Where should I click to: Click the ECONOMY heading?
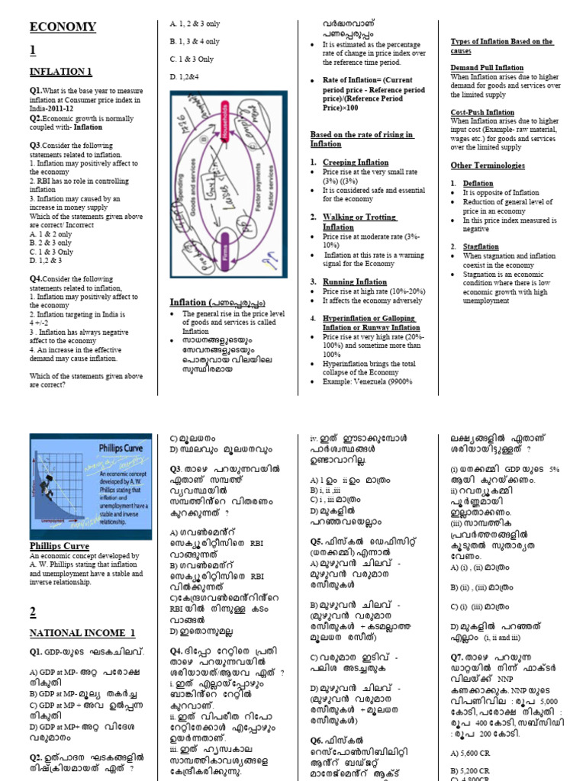tap(63, 27)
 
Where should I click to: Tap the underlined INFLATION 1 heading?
tap(60, 72)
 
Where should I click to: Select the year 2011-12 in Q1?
tap(81, 109)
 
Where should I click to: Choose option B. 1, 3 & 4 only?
tap(194, 41)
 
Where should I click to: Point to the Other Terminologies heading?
tap(487, 166)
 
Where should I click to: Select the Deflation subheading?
tap(478, 184)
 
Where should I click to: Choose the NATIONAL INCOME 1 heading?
tap(82, 633)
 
